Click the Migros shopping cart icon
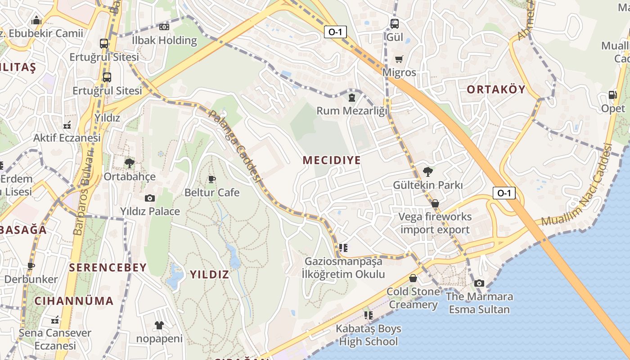click(x=399, y=59)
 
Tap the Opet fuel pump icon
click(x=612, y=95)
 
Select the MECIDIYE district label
click(x=332, y=160)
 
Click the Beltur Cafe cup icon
click(x=212, y=180)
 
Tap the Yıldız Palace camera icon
click(x=150, y=198)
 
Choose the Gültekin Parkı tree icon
click(x=428, y=171)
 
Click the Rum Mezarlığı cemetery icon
click(x=352, y=97)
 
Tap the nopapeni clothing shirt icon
click(x=159, y=325)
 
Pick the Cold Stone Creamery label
click(x=413, y=298)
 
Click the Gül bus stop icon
click(x=395, y=23)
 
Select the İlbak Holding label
click(x=164, y=40)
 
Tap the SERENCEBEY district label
click(x=108, y=268)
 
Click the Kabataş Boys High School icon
click(x=369, y=315)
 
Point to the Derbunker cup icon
click(x=31, y=266)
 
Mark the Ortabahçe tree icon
click(x=130, y=163)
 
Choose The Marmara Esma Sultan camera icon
click(x=479, y=283)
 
